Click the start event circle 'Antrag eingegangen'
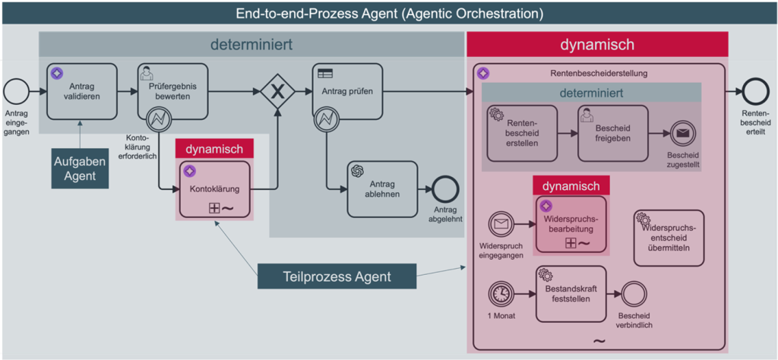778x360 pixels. pos(16,92)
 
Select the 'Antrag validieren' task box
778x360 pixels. pos(82,91)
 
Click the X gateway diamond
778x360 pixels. pos(277,92)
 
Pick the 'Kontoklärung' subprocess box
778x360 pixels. pos(214,189)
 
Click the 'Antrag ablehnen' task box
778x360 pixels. pos(382,188)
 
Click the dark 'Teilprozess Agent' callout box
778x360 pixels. pos(337,276)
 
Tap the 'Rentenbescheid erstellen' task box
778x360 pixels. pos(522,134)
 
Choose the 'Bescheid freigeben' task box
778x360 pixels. pos(613,133)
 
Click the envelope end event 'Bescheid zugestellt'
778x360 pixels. pos(682,134)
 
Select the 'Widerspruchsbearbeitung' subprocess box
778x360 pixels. pos(571,224)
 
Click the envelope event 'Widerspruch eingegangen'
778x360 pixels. pos(500,224)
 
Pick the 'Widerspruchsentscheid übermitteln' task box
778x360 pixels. pos(669,238)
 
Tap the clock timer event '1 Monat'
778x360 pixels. pos(500,293)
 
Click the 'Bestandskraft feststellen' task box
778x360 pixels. pos(571,293)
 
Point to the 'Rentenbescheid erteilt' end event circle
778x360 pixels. pos(754,92)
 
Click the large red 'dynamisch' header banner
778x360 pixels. pos(597,45)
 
